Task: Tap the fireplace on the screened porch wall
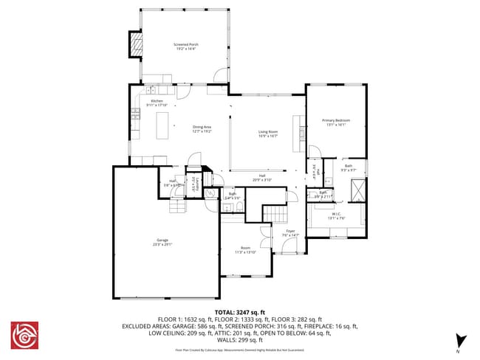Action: click(x=135, y=45)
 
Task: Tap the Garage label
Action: click(x=162, y=241)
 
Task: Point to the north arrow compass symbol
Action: click(x=462, y=340)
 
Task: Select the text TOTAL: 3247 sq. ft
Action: click(x=239, y=314)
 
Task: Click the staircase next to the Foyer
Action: click(x=274, y=215)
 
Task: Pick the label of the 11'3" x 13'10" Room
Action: click(x=245, y=249)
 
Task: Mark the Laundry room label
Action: click(x=196, y=180)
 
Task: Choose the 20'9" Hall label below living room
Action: click(x=262, y=178)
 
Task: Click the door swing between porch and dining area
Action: click(x=219, y=75)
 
